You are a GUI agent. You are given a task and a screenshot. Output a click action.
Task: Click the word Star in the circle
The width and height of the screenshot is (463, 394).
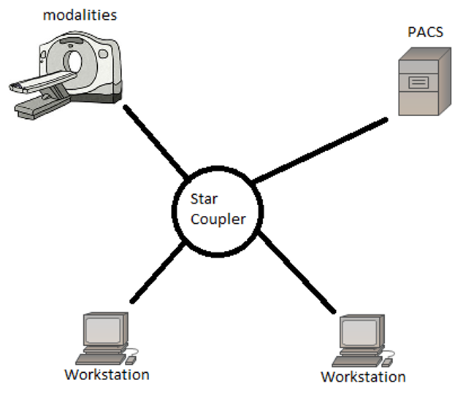pos(204,199)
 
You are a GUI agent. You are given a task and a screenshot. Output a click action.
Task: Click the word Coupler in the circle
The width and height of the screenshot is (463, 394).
pos(217,219)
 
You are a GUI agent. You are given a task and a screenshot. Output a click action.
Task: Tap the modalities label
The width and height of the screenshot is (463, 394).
pos(80,15)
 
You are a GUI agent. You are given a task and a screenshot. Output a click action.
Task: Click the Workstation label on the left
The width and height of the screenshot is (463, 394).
pos(107,374)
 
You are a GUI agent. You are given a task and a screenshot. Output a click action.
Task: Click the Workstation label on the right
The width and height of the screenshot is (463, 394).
pos(363,376)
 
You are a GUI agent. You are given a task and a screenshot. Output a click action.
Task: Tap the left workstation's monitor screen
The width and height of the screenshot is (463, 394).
pos(104,329)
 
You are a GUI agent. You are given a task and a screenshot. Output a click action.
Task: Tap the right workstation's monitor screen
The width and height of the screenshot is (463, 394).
pos(360,333)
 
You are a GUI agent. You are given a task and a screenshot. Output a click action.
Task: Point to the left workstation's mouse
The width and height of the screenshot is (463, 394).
pos(131,360)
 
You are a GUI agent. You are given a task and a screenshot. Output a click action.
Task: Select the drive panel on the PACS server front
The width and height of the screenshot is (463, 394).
pos(418,80)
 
